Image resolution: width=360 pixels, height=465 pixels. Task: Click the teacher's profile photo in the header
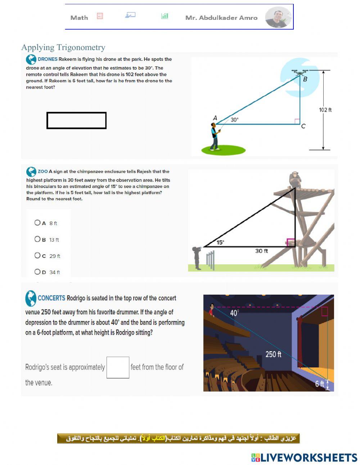pyautogui.click(x=278, y=17)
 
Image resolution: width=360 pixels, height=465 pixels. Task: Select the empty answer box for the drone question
pyautogui.click(x=76, y=120)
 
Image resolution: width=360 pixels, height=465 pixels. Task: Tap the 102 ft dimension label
pyautogui.click(x=325, y=110)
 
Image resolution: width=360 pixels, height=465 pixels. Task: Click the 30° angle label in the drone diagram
pyautogui.click(x=234, y=120)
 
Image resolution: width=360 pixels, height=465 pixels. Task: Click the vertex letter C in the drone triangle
pyautogui.click(x=303, y=126)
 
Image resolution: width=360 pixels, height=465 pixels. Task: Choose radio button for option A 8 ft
pyautogui.click(x=37, y=223)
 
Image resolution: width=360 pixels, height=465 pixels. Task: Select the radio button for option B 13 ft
pyautogui.click(x=37, y=239)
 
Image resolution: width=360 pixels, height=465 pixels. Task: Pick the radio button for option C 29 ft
pyautogui.click(x=37, y=255)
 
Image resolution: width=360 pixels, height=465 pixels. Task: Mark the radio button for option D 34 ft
pyautogui.click(x=37, y=272)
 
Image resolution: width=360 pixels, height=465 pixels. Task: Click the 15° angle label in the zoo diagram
pyautogui.click(x=220, y=242)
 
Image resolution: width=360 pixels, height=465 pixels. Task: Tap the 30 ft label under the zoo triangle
pyautogui.click(x=261, y=251)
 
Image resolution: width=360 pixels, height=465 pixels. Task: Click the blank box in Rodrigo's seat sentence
pyautogui.click(x=118, y=367)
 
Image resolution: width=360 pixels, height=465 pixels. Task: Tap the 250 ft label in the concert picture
pyautogui.click(x=273, y=354)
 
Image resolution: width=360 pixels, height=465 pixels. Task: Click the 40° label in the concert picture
pyautogui.click(x=234, y=313)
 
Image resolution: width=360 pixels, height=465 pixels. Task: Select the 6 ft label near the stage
pyautogui.click(x=319, y=384)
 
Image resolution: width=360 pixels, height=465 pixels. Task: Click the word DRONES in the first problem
pyautogui.click(x=48, y=59)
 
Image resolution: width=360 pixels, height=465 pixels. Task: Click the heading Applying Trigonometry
pyautogui.click(x=63, y=47)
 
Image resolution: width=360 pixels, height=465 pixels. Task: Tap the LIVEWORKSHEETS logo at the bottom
pyautogui.click(x=304, y=457)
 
